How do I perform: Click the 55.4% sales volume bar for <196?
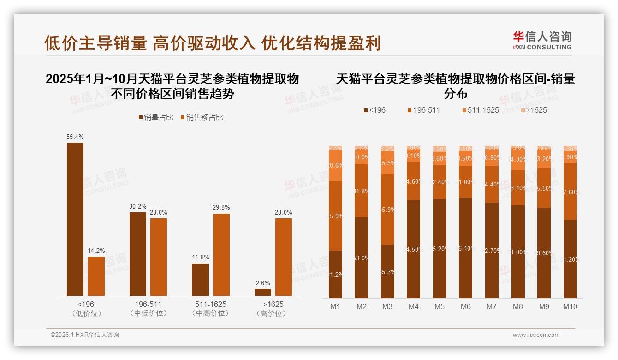(x=75, y=219)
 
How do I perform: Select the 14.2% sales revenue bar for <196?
(x=96, y=276)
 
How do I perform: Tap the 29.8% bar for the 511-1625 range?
(x=221, y=254)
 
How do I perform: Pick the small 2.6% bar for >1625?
(x=263, y=292)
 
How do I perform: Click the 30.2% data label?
(x=137, y=207)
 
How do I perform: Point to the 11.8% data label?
(x=200, y=258)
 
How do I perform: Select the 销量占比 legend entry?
(x=156, y=118)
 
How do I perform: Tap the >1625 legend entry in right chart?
(x=534, y=110)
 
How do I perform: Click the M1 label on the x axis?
(x=335, y=306)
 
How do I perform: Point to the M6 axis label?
(x=466, y=306)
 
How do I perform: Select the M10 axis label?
(x=570, y=306)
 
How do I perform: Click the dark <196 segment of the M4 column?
(x=414, y=249)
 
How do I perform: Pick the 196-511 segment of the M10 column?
(x=570, y=191)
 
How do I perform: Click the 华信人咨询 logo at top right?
(x=542, y=41)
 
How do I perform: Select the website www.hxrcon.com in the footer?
(x=536, y=335)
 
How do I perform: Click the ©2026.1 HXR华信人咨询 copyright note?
(x=85, y=335)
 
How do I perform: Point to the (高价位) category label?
(x=273, y=313)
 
